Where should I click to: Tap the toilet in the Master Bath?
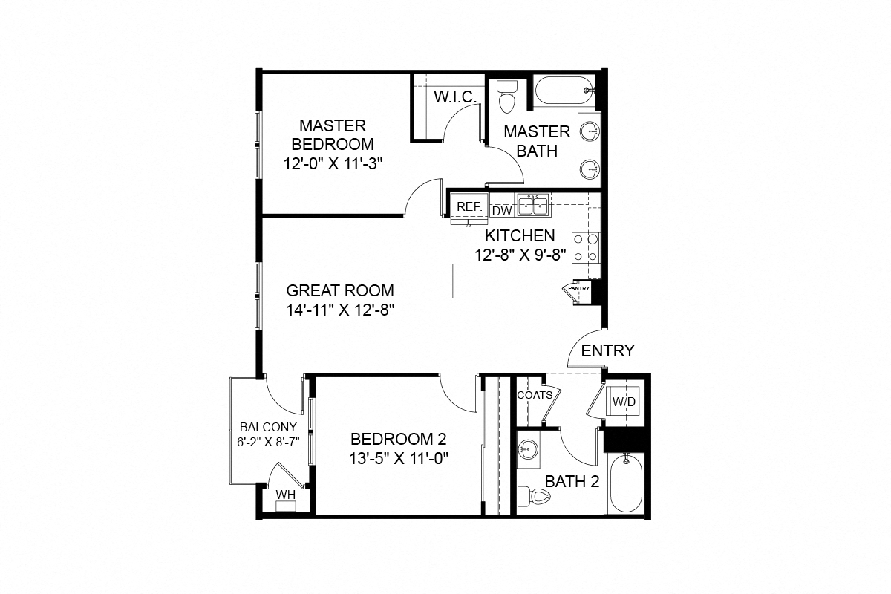click(508, 95)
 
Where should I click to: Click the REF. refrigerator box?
click(469, 207)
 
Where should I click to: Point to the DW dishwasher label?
click(502, 211)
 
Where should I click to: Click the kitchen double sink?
click(532, 204)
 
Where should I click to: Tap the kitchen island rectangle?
click(491, 280)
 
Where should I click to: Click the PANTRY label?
click(578, 288)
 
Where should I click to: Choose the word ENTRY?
click(607, 350)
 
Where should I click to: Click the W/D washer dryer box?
click(623, 402)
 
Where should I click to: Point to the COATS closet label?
click(535, 395)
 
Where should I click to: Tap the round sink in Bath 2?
click(529, 450)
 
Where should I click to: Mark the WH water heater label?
click(285, 495)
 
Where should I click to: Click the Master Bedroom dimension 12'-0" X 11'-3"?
click(333, 163)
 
